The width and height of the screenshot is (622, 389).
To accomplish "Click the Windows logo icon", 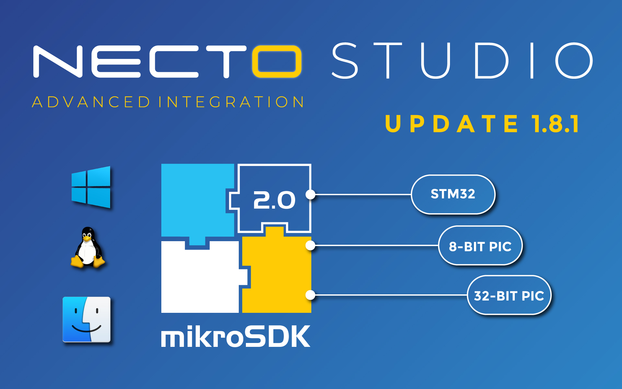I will [x=91, y=187].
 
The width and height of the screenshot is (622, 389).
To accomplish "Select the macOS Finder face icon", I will [x=86, y=319].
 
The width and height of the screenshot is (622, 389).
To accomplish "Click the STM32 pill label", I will [x=453, y=194].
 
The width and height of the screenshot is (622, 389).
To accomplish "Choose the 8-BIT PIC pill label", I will [x=480, y=246].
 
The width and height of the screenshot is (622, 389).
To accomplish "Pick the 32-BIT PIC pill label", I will [x=509, y=296].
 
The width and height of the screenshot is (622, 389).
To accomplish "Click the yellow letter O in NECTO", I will [x=277, y=62].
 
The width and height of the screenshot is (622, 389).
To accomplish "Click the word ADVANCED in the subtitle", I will [x=91, y=102].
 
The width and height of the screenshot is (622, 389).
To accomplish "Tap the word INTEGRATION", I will [x=231, y=102].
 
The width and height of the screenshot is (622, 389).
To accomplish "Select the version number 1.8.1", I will [x=555, y=124].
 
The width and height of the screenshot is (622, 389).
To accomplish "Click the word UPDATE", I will [x=452, y=124].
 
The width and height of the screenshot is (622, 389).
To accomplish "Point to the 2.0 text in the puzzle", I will [x=274, y=200].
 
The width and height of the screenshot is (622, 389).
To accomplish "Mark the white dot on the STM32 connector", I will [x=310, y=194].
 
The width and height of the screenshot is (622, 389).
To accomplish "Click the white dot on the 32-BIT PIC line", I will [x=310, y=295].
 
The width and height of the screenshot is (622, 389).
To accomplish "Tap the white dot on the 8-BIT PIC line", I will [x=310, y=246].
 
